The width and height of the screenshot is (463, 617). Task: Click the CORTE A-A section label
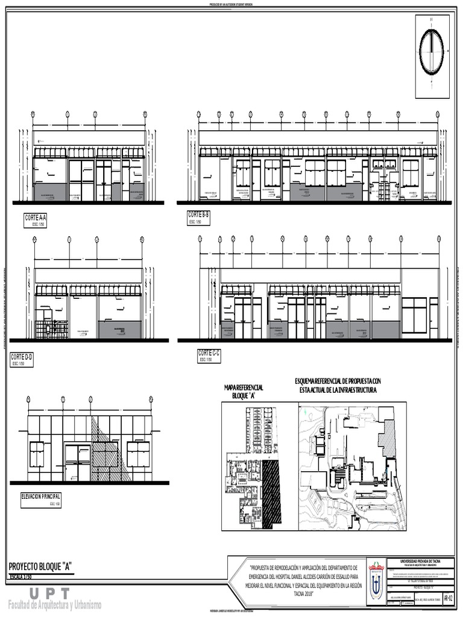[36, 218]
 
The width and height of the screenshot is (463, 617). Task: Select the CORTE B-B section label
[198, 215]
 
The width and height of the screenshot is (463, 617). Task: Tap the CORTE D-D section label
[22, 357]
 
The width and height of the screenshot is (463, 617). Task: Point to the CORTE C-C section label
[209, 354]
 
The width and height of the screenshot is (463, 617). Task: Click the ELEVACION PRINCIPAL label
[41, 496]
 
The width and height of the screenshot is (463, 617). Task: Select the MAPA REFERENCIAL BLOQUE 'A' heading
[244, 391]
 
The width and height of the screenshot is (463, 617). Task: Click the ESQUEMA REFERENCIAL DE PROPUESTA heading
[338, 386]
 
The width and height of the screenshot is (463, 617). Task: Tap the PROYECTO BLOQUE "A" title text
[40, 566]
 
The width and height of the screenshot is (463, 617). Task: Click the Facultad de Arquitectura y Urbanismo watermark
[54, 605]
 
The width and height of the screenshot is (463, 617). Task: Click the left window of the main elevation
[36, 454]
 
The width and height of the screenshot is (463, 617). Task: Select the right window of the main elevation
[138, 454]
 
